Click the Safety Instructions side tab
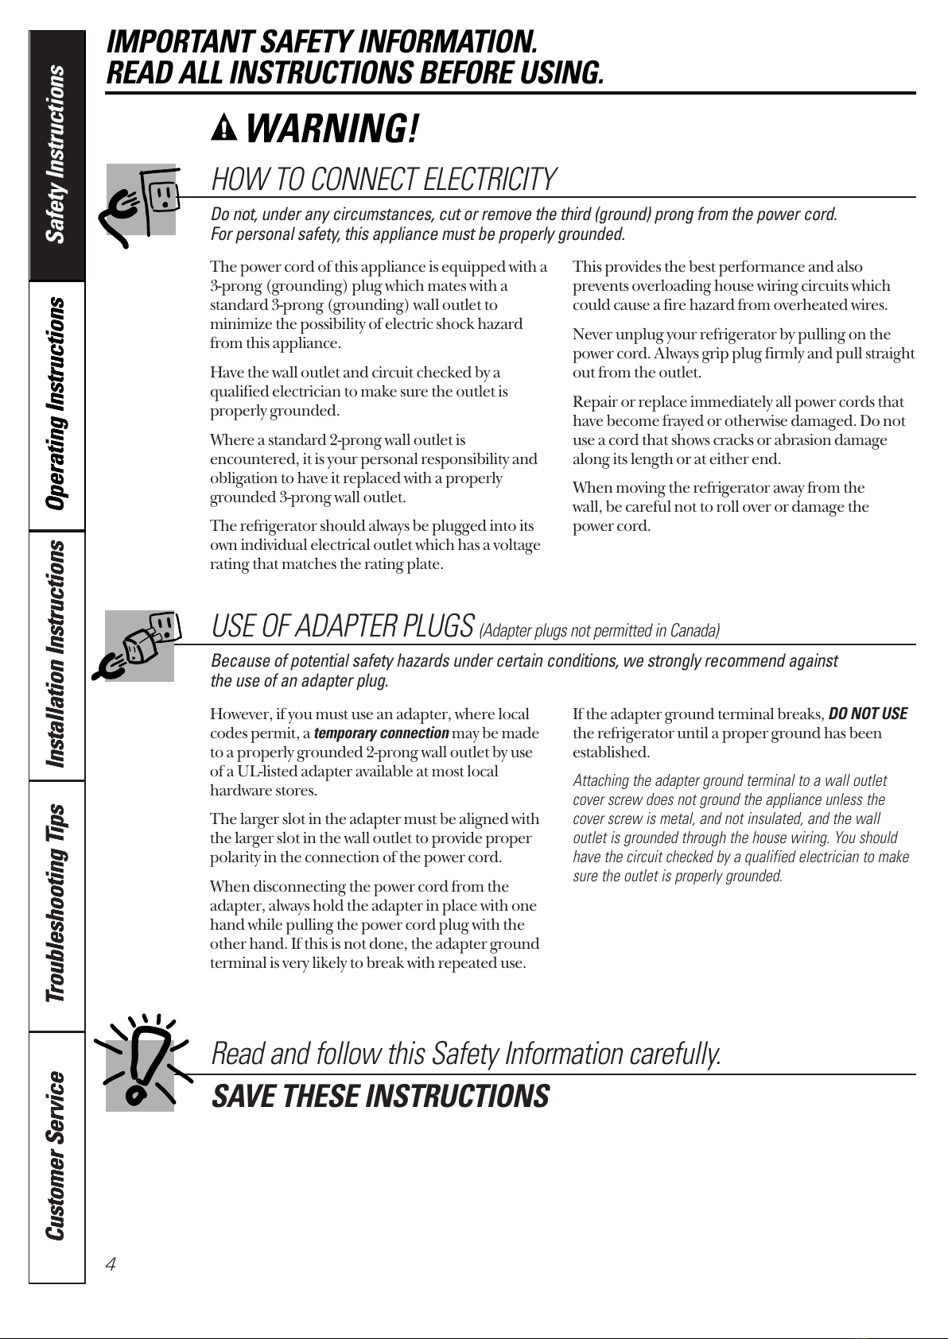[56, 155]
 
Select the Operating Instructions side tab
[56, 405]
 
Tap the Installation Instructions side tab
[56, 655]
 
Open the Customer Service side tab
[56, 1156]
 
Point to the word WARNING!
[332, 130]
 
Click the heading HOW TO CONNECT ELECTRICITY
[383, 180]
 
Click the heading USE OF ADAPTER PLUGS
[343, 627]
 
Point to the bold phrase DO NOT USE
[868, 714]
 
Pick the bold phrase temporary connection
[382, 733]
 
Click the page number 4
[111, 1264]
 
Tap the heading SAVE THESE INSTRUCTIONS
[380, 1097]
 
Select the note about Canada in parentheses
[599, 631]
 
